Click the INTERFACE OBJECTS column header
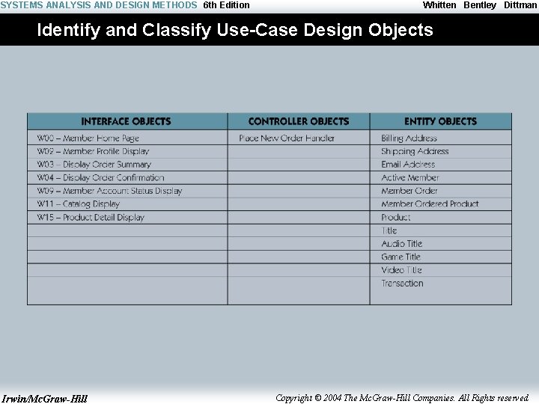tap(126, 121)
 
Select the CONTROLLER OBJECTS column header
tap(299, 121)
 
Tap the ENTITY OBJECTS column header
tap(440, 121)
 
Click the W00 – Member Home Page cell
tap(88, 138)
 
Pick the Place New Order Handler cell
tap(287, 138)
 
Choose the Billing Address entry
tap(409, 138)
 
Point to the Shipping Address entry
tap(415, 151)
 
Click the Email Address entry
tap(408, 165)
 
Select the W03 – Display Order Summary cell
tap(94, 165)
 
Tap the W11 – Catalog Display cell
tap(79, 204)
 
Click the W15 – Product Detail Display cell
tap(91, 218)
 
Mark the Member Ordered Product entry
tap(430, 204)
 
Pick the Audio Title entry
tap(402, 244)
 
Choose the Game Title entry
tap(401, 257)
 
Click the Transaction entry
tap(402, 284)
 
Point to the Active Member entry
tap(410, 178)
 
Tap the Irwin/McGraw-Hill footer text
tap(44, 398)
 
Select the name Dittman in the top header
tap(520, 5)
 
